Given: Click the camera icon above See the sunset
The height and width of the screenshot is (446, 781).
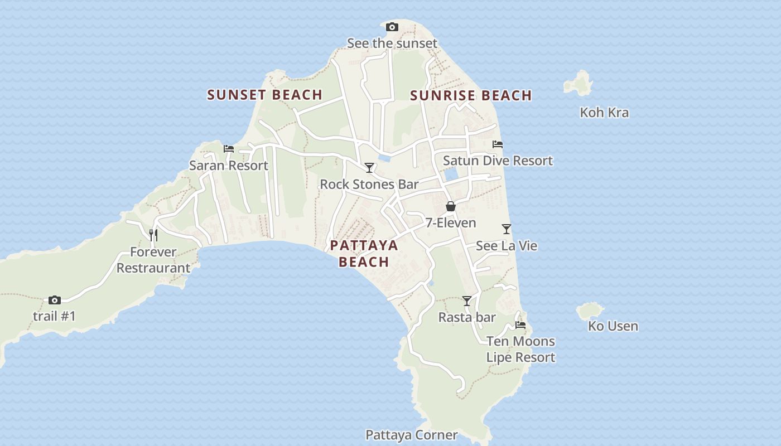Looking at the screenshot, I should (392, 27).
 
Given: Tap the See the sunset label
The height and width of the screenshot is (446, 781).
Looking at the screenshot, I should (392, 43).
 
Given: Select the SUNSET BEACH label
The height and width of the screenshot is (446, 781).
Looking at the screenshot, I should (265, 95).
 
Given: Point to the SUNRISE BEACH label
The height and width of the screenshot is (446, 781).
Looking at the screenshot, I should (471, 95).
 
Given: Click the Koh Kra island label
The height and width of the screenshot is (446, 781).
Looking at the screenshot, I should (604, 113).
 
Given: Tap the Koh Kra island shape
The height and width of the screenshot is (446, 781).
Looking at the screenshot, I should (578, 84).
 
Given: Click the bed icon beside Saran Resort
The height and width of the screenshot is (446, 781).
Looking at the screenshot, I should (229, 148).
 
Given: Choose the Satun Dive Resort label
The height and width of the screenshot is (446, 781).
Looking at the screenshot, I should (498, 161).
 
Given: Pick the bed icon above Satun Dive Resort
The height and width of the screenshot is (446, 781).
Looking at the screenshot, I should (498, 144).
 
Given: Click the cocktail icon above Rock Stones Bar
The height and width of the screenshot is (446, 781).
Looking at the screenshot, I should (369, 167).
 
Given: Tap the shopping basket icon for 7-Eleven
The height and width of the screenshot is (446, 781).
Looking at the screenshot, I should (451, 206).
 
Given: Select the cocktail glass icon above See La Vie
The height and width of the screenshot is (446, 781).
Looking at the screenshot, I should (507, 229).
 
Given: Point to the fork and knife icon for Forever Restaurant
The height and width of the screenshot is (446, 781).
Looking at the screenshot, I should (153, 235).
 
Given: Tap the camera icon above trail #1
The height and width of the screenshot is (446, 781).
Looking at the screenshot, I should (54, 300).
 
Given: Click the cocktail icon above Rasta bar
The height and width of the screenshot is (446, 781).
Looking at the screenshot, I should (467, 301).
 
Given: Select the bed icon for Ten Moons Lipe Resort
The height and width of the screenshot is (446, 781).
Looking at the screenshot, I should (520, 324).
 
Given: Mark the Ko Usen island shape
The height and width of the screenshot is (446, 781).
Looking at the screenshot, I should (589, 311).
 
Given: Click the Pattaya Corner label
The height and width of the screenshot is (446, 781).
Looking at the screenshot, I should (412, 435).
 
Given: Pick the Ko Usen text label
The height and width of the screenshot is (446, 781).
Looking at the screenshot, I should (613, 326).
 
